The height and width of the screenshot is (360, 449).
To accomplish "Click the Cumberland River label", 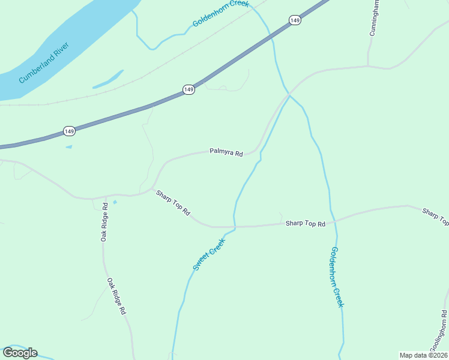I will click(x=44, y=62).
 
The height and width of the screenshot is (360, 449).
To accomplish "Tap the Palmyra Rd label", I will click(x=226, y=152).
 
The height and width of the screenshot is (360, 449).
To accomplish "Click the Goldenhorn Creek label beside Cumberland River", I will click(x=220, y=13).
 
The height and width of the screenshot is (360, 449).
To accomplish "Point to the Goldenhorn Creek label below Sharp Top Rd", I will click(x=337, y=277).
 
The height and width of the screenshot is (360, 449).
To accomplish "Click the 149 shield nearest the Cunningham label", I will click(x=294, y=20).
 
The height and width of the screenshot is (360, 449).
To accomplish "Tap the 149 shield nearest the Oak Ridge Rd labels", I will click(x=70, y=131).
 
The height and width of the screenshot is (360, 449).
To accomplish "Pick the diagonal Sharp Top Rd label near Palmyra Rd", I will click(x=173, y=203).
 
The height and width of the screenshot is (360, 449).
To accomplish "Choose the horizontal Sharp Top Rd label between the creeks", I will click(x=305, y=224).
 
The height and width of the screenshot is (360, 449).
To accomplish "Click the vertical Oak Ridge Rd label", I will click(x=104, y=222).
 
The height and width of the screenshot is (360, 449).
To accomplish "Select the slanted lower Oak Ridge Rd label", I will click(x=116, y=296).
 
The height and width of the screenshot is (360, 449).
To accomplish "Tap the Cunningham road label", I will click(x=374, y=18).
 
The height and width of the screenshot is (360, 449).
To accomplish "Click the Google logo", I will click(x=20, y=353).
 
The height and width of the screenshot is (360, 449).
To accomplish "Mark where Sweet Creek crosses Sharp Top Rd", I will click(x=235, y=227).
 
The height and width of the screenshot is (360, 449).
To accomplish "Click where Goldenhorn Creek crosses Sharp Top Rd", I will click(x=334, y=221).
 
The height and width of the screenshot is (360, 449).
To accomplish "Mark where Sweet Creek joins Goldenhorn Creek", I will click(x=289, y=95).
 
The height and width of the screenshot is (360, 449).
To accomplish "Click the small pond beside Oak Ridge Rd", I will click(x=115, y=202).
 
